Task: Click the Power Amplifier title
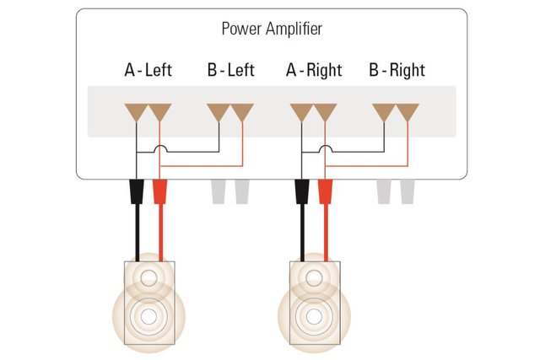[271, 30]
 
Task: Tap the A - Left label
[148, 70]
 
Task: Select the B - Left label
[229, 70]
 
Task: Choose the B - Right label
[396, 70]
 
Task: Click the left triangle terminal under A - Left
[136, 111]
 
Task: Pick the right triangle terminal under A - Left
[159, 111]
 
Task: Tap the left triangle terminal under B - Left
[219, 111]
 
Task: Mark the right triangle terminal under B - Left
[242, 111]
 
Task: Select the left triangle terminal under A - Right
[301, 111]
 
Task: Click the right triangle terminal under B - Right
[408, 111]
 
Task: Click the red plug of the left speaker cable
[159, 192]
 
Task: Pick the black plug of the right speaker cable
[301, 192]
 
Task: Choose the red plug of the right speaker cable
[325, 192]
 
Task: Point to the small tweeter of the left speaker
[150, 277]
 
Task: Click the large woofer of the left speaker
[149, 317]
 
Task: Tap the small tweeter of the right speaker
[316, 277]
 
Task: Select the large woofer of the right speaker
[315, 317]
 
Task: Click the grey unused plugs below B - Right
[396, 191]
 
